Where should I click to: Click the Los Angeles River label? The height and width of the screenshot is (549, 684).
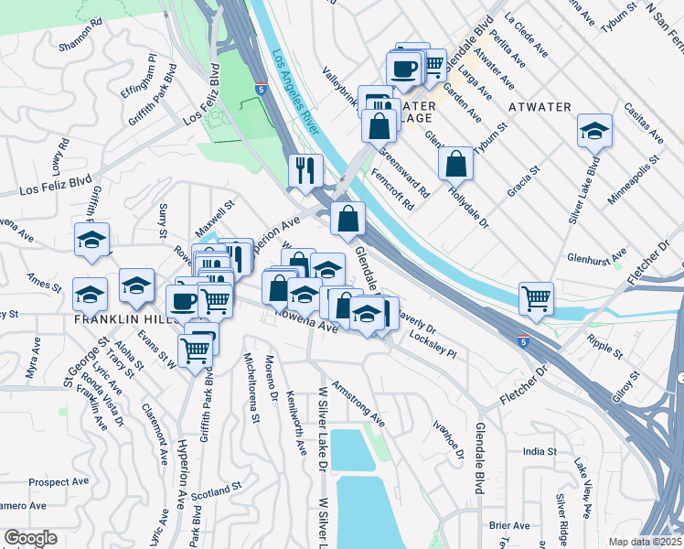[294, 92]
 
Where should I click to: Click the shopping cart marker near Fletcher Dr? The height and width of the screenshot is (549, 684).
[535, 297]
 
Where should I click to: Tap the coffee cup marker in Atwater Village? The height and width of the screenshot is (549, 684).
[403, 69]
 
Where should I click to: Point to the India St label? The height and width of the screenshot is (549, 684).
[540, 451]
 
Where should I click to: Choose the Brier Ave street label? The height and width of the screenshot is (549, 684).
[509, 525]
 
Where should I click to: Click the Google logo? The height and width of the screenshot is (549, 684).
[30, 538]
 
